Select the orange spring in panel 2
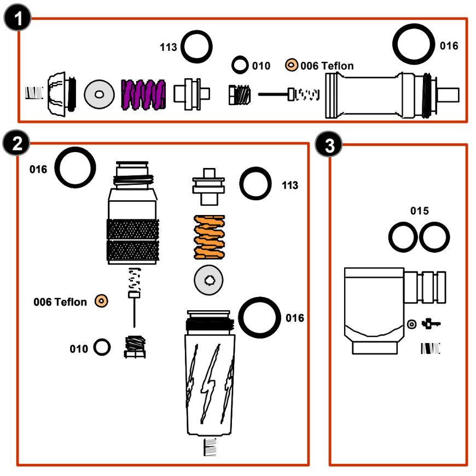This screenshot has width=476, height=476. pyautogui.click(x=210, y=237)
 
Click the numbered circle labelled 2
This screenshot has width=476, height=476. pyautogui.click(x=16, y=144)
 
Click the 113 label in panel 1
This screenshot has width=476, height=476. pyautogui.click(x=169, y=48)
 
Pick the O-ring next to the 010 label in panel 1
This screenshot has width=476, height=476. pyautogui.click(x=239, y=65)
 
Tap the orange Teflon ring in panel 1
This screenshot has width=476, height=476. pyautogui.click(x=291, y=65)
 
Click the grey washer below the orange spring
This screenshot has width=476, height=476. pyautogui.click(x=209, y=281)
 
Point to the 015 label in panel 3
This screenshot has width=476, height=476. pyautogui.click(x=420, y=211)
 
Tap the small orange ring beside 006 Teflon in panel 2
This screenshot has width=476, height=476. pyautogui.click(x=101, y=300)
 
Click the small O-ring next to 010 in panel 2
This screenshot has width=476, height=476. pyautogui.click(x=102, y=346)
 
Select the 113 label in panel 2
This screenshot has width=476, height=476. pyautogui.click(x=289, y=185)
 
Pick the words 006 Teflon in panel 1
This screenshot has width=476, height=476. pyautogui.click(x=327, y=66)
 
